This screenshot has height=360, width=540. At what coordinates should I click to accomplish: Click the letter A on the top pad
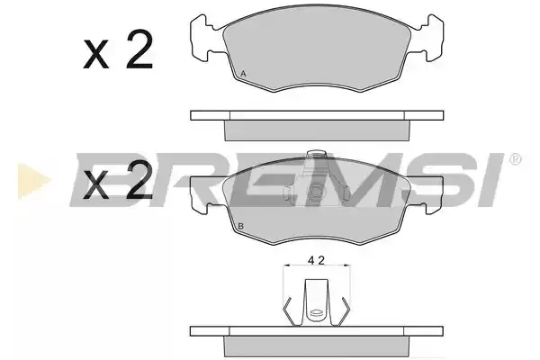click(243, 74)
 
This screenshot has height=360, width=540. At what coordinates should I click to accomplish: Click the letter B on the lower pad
click(241, 226)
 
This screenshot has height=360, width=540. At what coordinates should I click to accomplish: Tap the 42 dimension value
click(316, 260)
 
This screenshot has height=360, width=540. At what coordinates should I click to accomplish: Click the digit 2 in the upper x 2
click(139, 49)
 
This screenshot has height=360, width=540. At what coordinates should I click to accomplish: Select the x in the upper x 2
click(95, 54)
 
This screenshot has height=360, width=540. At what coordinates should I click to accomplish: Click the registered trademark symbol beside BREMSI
click(515, 159)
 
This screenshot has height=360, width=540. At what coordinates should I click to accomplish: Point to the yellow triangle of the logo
click(34, 181)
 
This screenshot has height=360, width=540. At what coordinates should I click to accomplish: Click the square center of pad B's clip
click(316, 193)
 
